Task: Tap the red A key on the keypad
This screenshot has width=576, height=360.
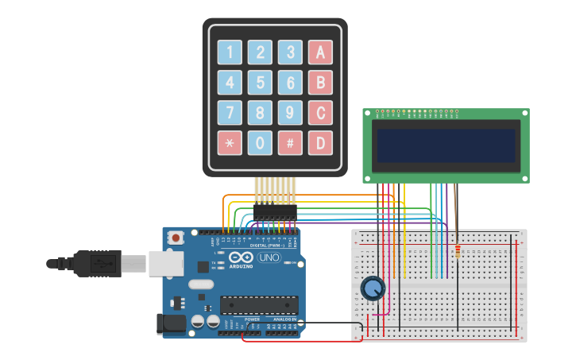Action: click(x=320, y=52)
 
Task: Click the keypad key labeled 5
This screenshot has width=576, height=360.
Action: click(x=260, y=83)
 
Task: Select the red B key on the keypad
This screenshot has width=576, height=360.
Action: click(x=320, y=83)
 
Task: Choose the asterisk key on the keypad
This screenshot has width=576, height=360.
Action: click(x=230, y=143)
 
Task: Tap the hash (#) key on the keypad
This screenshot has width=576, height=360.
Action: click(x=290, y=143)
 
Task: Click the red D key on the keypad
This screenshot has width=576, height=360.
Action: click(x=320, y=143)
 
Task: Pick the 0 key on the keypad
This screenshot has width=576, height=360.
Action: click(x=260, y=143)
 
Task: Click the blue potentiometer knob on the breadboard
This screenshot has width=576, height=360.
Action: click(x=373, y=288)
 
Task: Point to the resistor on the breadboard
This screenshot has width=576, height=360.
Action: click(x=458, y=252)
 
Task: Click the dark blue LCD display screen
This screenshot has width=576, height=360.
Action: click(x=446, y=145)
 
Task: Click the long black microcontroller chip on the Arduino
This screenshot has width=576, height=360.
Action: click(x=259, y=304)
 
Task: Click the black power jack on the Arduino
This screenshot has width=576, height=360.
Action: click(x=171, y=323)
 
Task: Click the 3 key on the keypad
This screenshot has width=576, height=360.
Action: click(x=290, y=52)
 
